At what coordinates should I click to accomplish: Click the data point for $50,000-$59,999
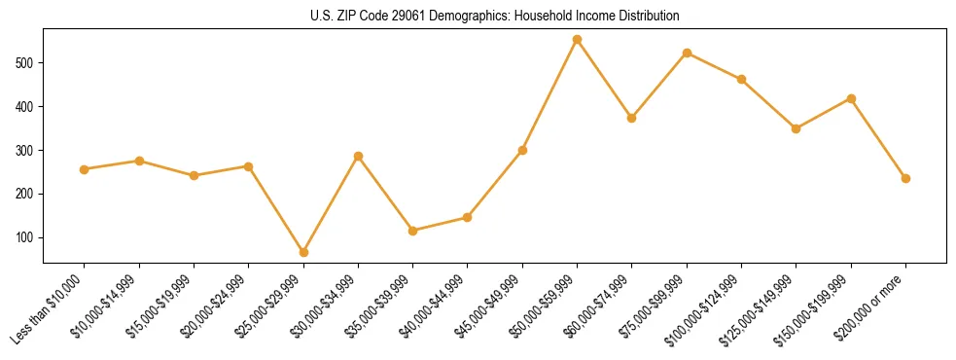click(577, 40)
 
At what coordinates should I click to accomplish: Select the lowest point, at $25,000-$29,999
click(303, 253)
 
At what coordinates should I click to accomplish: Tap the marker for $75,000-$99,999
click(687, 53)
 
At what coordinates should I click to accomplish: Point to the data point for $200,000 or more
click(905, 178)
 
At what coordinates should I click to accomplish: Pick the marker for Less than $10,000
click(85, 169)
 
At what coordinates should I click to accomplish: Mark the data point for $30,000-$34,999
click(358, 156)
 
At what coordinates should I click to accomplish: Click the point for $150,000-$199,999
click(851, 98)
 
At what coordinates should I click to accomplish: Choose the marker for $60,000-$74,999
click(632, 118)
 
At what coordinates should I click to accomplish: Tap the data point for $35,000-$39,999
click(413, 231)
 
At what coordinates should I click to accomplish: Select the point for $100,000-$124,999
click(741, 79)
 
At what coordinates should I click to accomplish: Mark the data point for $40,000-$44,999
click(468, 217)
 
